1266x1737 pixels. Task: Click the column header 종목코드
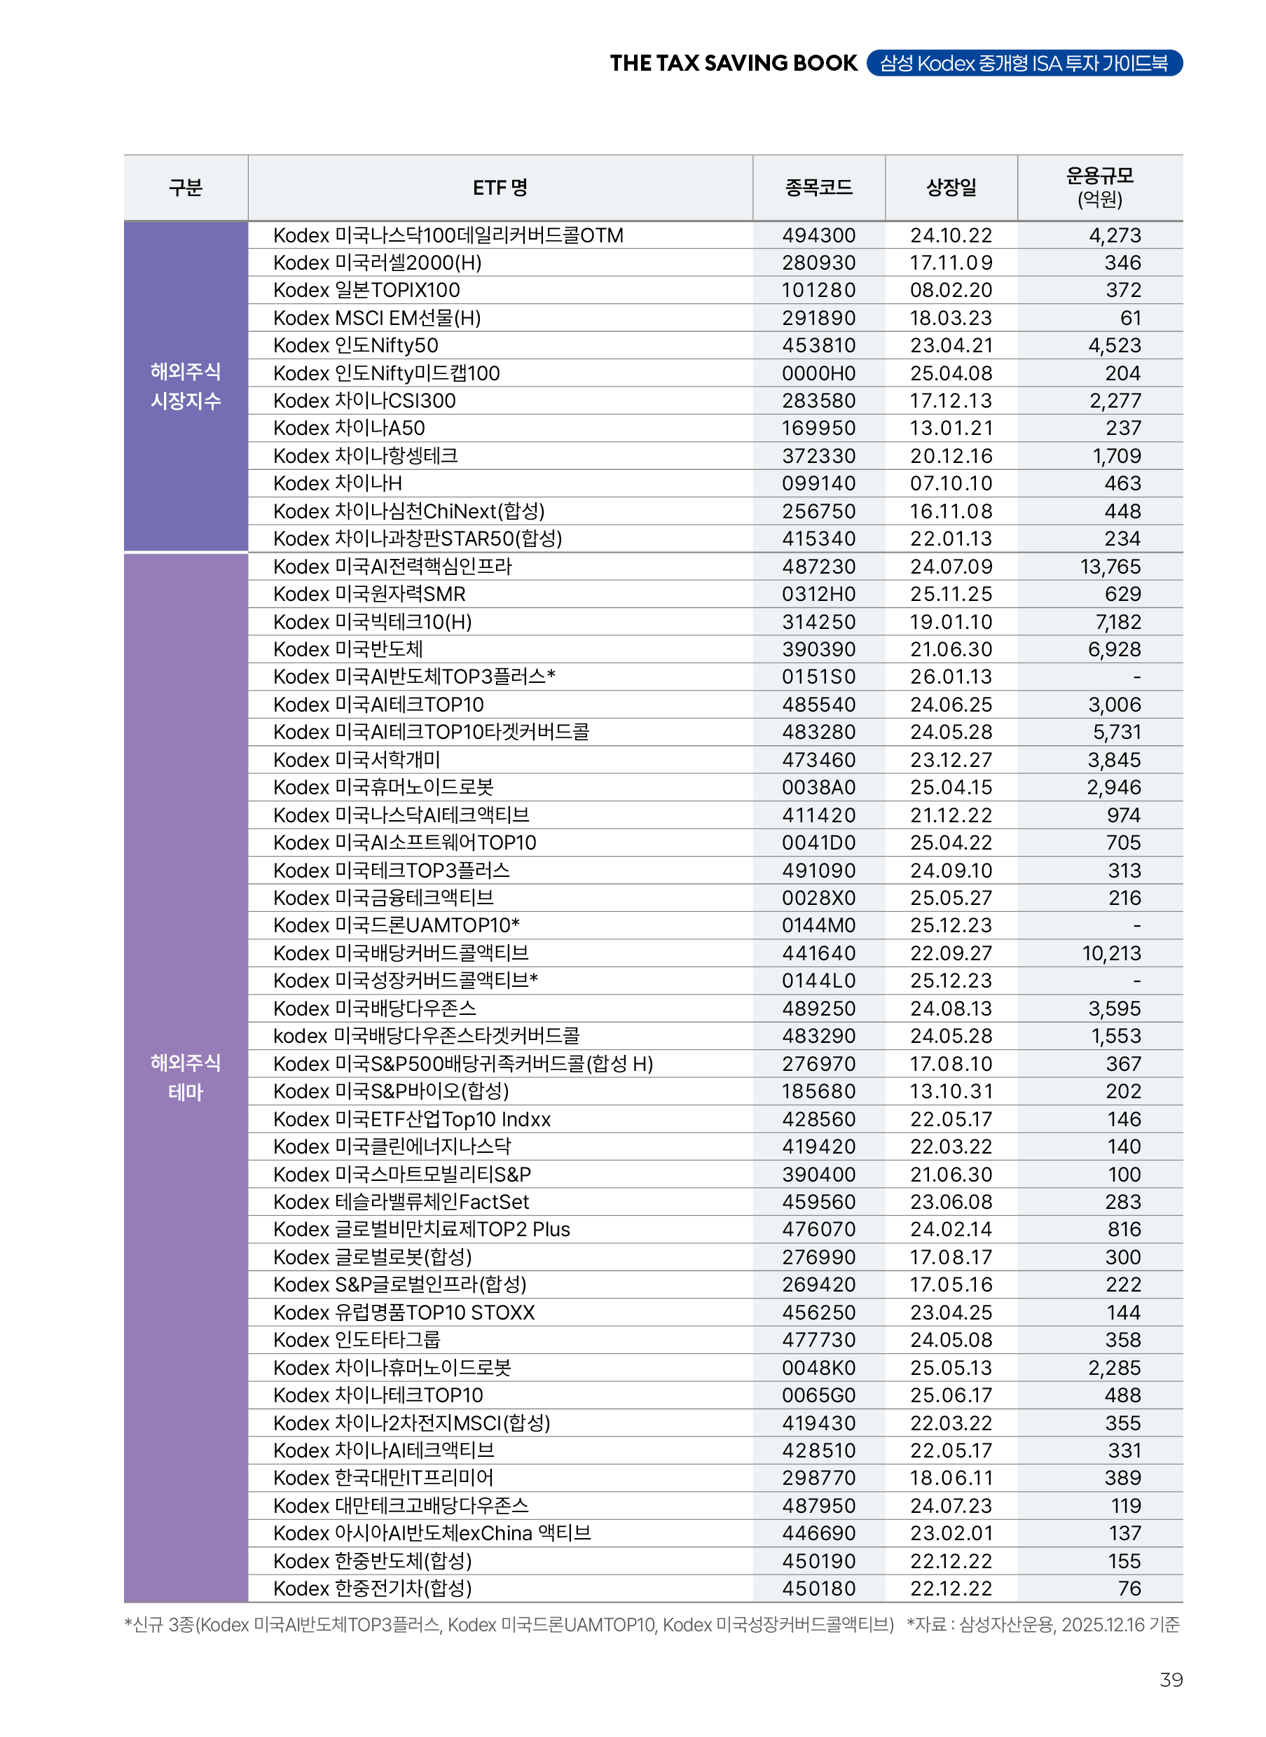pos(818,188)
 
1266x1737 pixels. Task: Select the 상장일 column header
pos(951,188)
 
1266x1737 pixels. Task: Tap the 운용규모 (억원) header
pos(1100,188)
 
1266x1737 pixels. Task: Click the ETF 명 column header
pos(500,188)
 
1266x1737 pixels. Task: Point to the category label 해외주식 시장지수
pos(186,386)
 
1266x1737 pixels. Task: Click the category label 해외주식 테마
pos(186,1077)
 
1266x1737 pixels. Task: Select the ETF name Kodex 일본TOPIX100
pos(366,291)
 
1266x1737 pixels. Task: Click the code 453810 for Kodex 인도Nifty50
pos(818,345)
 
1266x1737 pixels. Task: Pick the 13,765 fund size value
pos(1110,567)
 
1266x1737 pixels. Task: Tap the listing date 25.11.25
pos(951,595)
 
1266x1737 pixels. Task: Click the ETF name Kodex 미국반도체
pos(348,650)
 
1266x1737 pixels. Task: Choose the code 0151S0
pos(818,677)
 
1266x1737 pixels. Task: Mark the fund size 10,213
pos(1111,954)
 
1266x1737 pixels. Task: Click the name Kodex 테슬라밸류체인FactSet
pos(401,1202)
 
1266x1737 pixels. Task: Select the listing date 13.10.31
pos(951,1092)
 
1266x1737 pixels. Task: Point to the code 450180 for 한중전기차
pos(818,1589)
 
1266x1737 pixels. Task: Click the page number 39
pos(1170,1680)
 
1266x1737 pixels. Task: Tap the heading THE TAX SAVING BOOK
pos(734,64)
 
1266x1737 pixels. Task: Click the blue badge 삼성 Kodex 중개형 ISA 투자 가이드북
pos(1024,64)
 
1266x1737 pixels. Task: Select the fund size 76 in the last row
pos(1129,1589)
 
